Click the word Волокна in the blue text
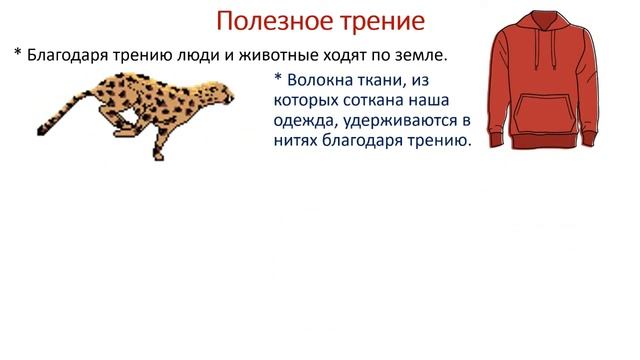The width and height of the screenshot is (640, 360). point(319,79)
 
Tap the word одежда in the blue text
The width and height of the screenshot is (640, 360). point(304,121)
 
